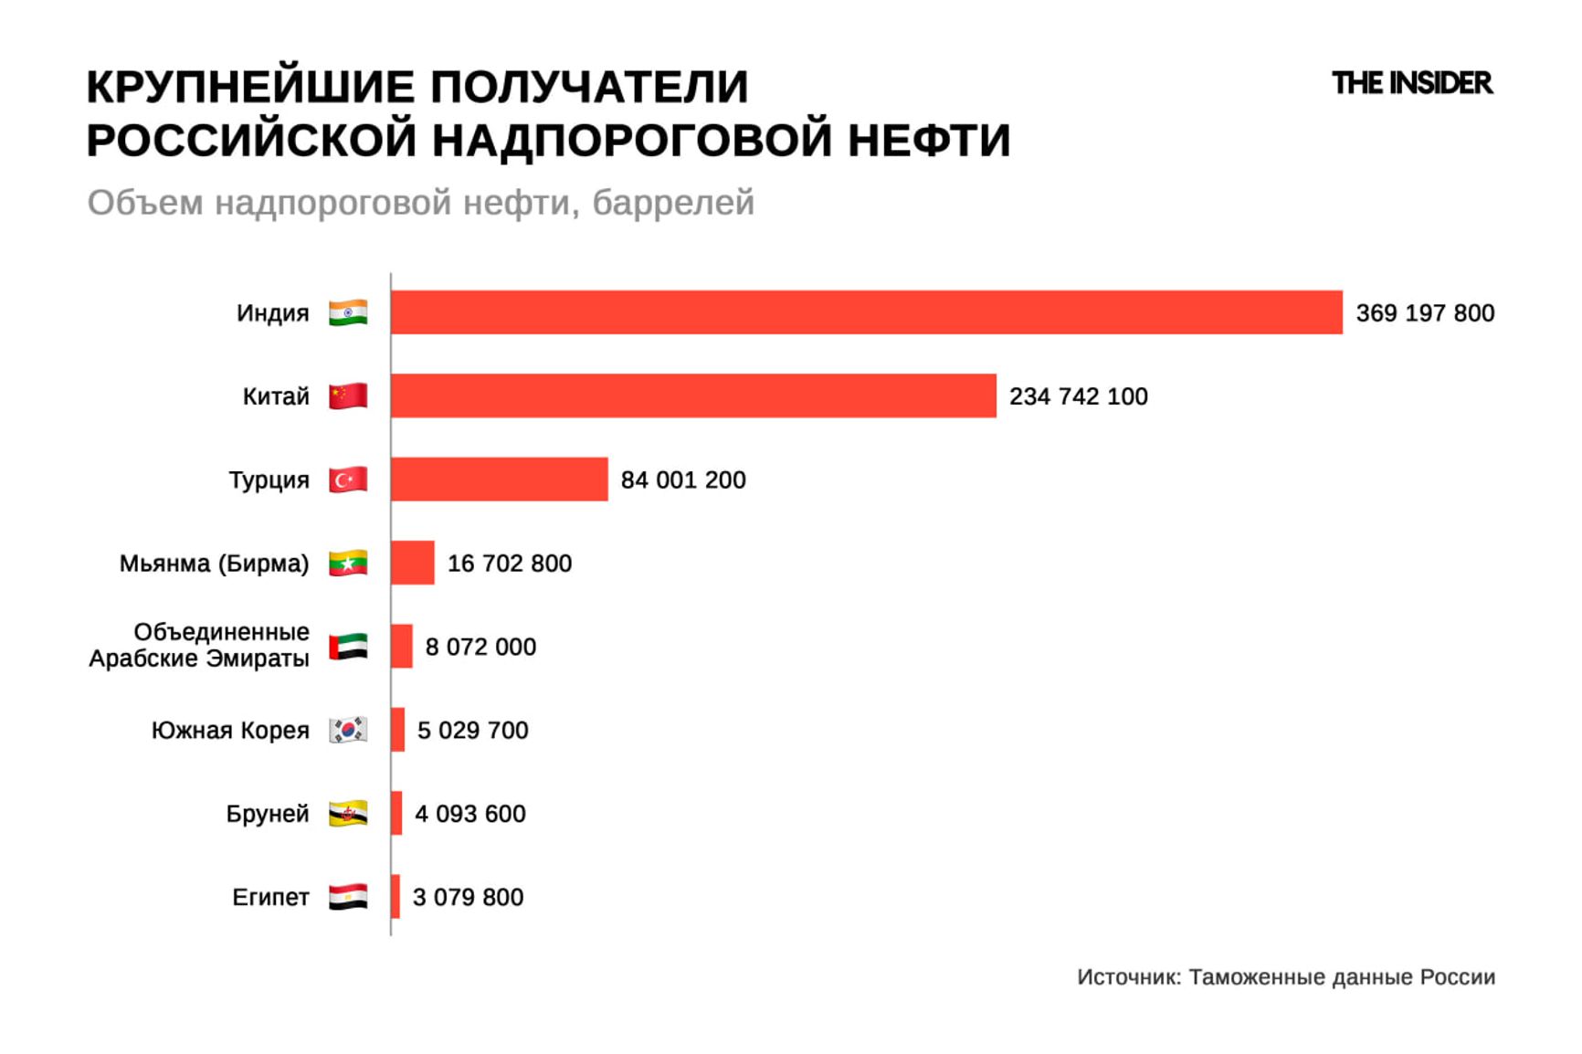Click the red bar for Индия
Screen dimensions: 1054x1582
866,312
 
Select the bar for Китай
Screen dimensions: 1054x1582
693,395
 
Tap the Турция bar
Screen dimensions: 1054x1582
499,480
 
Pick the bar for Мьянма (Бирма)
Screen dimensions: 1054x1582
413,563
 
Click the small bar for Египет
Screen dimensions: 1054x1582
395,896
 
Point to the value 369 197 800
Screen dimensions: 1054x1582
1424,313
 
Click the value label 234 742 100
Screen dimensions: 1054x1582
1078,396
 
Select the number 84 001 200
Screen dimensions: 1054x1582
682,480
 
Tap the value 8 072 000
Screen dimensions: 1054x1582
480,647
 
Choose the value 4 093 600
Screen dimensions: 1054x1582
469,814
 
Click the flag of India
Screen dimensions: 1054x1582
348,312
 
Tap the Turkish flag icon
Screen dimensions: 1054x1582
348,480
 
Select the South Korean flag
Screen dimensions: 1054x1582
348,730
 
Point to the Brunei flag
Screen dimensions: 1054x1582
348,813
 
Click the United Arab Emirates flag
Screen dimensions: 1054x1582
348,647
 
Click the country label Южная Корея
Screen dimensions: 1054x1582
230,731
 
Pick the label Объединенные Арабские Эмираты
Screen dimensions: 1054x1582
199,646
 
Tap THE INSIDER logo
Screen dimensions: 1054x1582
1411,83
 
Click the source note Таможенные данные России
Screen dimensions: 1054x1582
1286,977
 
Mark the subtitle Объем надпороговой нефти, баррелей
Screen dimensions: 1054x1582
420,203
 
